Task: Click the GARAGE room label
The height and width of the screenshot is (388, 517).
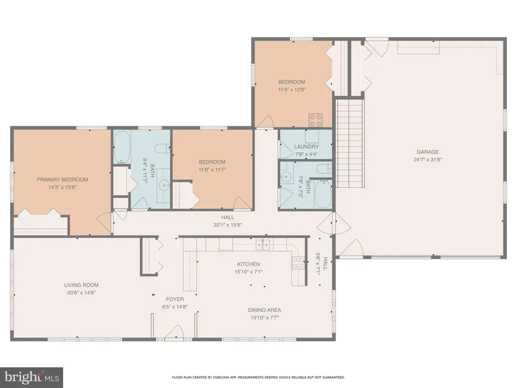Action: tap(428, 152)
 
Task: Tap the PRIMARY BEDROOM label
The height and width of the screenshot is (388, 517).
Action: tap(62, 180)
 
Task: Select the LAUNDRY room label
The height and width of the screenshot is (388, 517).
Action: tap(306, 147)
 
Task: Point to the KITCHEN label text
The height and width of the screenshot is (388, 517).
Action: tap(248, 264)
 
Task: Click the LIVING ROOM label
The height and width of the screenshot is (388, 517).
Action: tap(81, 285)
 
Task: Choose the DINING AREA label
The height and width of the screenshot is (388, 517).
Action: tap(265, 310)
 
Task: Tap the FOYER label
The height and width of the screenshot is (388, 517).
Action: tap(175, 299)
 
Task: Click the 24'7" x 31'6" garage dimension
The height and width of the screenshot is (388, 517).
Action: tap(428, 160)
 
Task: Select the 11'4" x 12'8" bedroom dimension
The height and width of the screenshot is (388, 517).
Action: tap(292, 89)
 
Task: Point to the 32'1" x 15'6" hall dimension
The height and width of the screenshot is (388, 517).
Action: tap(228, 225)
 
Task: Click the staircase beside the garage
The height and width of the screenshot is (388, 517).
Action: tap(349, 143)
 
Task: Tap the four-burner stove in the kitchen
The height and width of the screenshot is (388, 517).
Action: tap(298, 263)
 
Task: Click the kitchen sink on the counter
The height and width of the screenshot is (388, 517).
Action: tap(263, 245)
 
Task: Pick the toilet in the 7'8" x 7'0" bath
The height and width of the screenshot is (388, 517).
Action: tap(324, 169)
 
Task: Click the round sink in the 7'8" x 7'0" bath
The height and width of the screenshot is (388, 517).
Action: tap(287, 177)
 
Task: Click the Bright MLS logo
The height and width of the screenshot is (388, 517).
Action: tap(32, 377)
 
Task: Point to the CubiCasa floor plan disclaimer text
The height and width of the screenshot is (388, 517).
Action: tap(258, 377)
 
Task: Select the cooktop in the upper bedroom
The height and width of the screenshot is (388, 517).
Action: tap(316, 120)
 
